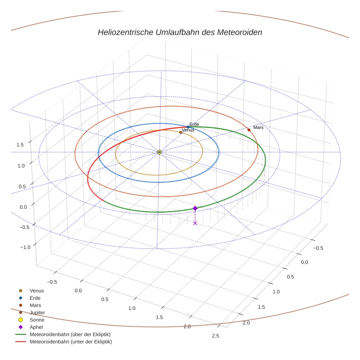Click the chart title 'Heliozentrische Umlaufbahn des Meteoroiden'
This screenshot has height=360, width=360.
click(x=180, y=32)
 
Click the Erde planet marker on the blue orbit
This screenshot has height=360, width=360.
click(x=188, y=127)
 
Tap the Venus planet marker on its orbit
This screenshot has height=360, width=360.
click(x=180, y=132)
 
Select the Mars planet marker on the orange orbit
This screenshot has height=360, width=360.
click(x=249, y=130)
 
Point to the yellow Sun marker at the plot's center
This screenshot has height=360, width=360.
click(x=159, y=152)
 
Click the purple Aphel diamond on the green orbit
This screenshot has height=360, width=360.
click(x=195, y=208)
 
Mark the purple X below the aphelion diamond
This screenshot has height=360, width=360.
click(x=195, y=223)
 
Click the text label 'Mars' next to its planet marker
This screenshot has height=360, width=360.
click(x=258, y=128)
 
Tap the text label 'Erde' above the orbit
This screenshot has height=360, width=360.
click(x=194, y=124)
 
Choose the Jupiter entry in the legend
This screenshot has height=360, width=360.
click(x=37, y=312)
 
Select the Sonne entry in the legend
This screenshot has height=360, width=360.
click(x=37, y=320)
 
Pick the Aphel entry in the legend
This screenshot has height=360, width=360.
click(x=36, y=327)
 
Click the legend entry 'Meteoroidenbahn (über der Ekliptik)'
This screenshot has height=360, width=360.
click(x=70, y=334)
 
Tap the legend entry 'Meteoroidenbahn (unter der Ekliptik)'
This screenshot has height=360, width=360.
click(x=71, y=342)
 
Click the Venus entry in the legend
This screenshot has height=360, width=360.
click(x=37, y=291)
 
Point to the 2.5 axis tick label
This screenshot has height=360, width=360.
click(x=215, y=336)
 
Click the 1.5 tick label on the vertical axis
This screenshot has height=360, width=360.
click(x=20, y=145)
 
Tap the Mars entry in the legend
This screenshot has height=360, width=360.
click(x=35, y=305)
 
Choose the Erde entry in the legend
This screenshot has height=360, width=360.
click(x=35, y=298)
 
